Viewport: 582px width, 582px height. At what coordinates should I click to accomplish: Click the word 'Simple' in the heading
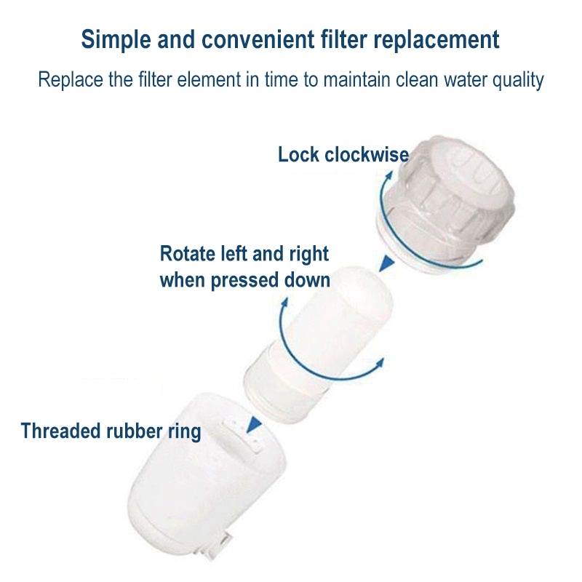coord(116,40)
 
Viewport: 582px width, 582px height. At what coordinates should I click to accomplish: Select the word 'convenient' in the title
coord(258,39)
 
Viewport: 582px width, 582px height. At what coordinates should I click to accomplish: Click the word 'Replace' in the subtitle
coord(71,80)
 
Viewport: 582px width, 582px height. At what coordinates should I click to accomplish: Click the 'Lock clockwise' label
coord(343,154)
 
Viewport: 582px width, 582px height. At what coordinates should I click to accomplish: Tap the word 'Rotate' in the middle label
coord(188,254)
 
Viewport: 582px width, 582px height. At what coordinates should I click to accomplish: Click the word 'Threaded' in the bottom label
coord(61,431)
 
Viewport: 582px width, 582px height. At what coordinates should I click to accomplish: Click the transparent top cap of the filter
coord(445,204)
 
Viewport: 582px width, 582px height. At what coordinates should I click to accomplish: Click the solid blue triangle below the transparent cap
coord(386,263)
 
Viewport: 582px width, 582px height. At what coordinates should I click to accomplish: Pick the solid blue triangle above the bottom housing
coord(253,424)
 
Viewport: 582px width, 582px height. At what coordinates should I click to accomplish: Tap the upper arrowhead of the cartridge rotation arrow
coord(285,301)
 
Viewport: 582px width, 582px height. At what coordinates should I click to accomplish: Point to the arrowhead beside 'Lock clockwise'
coord(389,175)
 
